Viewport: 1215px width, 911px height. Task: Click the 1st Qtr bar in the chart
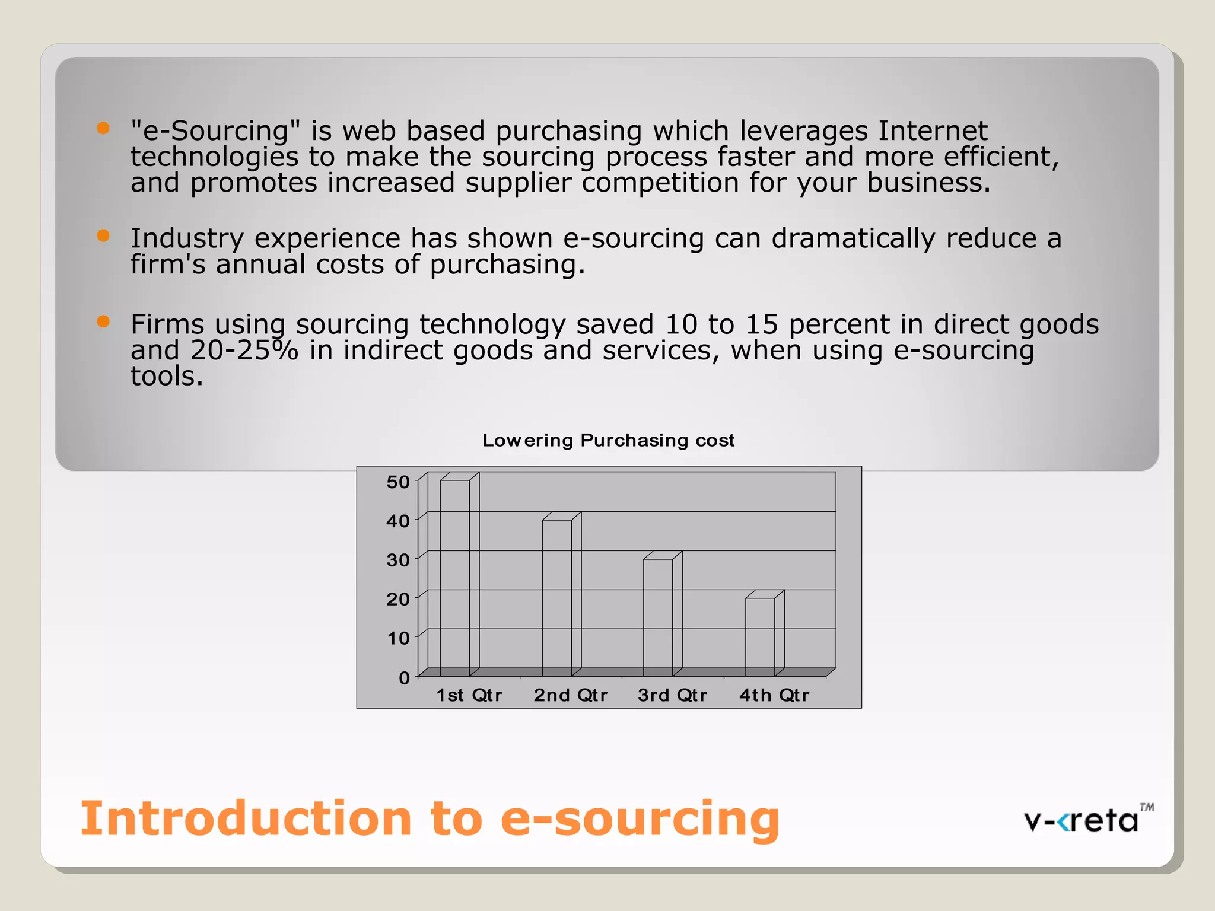pos(455,578)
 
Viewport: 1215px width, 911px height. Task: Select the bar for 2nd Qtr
pos(557,598)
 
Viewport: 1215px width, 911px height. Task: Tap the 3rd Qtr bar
pos(659,617)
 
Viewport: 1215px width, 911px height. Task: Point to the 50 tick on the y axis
pos(398,482)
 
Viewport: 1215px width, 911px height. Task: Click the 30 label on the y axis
pos(398,560)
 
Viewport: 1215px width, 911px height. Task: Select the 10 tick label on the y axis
pos(398,638)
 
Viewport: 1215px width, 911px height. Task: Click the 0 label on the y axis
pos(404,677)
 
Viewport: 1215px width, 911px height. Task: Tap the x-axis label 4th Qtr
pos(774,695)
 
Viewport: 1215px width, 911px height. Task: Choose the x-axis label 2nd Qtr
pos(570,695)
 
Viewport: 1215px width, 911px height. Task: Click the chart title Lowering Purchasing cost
pos(608,440)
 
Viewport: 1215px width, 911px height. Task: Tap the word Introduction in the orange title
pos(246,818)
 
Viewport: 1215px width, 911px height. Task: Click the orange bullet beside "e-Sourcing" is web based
pos(103,128)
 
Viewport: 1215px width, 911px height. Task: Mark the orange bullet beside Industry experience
pos(103,235)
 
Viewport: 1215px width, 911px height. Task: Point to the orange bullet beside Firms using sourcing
pos(103,321)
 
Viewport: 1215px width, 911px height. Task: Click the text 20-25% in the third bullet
pos(244,350)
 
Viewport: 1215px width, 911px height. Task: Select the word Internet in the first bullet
pos(933,130)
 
